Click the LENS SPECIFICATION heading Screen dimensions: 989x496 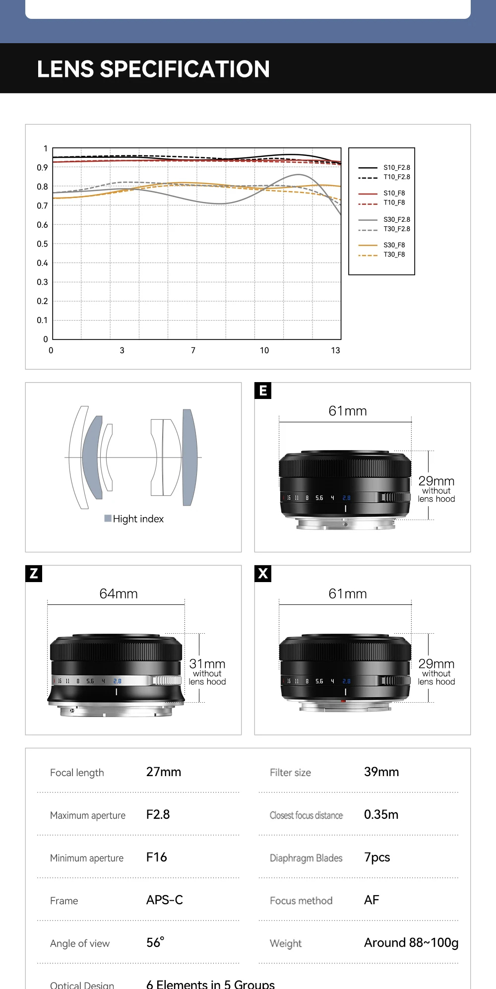[153, 69]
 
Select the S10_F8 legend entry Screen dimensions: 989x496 [394, 193]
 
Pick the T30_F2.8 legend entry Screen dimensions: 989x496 [396, 229]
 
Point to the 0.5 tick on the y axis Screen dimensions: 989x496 [42, 244]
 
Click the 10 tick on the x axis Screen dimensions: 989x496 [264, 350]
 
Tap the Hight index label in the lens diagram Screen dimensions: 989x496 [138, 519]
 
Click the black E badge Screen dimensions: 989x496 [263, 391]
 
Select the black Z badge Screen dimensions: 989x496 [34, 574]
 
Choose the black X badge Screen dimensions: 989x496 [263, 574]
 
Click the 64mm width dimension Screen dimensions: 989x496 [119, 593]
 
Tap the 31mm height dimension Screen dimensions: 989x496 [207, 663]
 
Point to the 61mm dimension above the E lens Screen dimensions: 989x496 [348, 411]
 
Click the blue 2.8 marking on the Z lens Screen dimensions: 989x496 [117, 681]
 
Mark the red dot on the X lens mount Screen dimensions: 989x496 [343, 701]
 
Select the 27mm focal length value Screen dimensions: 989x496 [164, 772]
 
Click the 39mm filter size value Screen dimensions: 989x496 [381, 772]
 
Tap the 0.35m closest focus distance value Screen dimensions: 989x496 [381, 814]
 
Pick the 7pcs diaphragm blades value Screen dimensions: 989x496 [377, 857]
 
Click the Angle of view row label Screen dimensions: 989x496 [80, 943]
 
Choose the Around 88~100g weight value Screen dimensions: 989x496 [411, 942]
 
